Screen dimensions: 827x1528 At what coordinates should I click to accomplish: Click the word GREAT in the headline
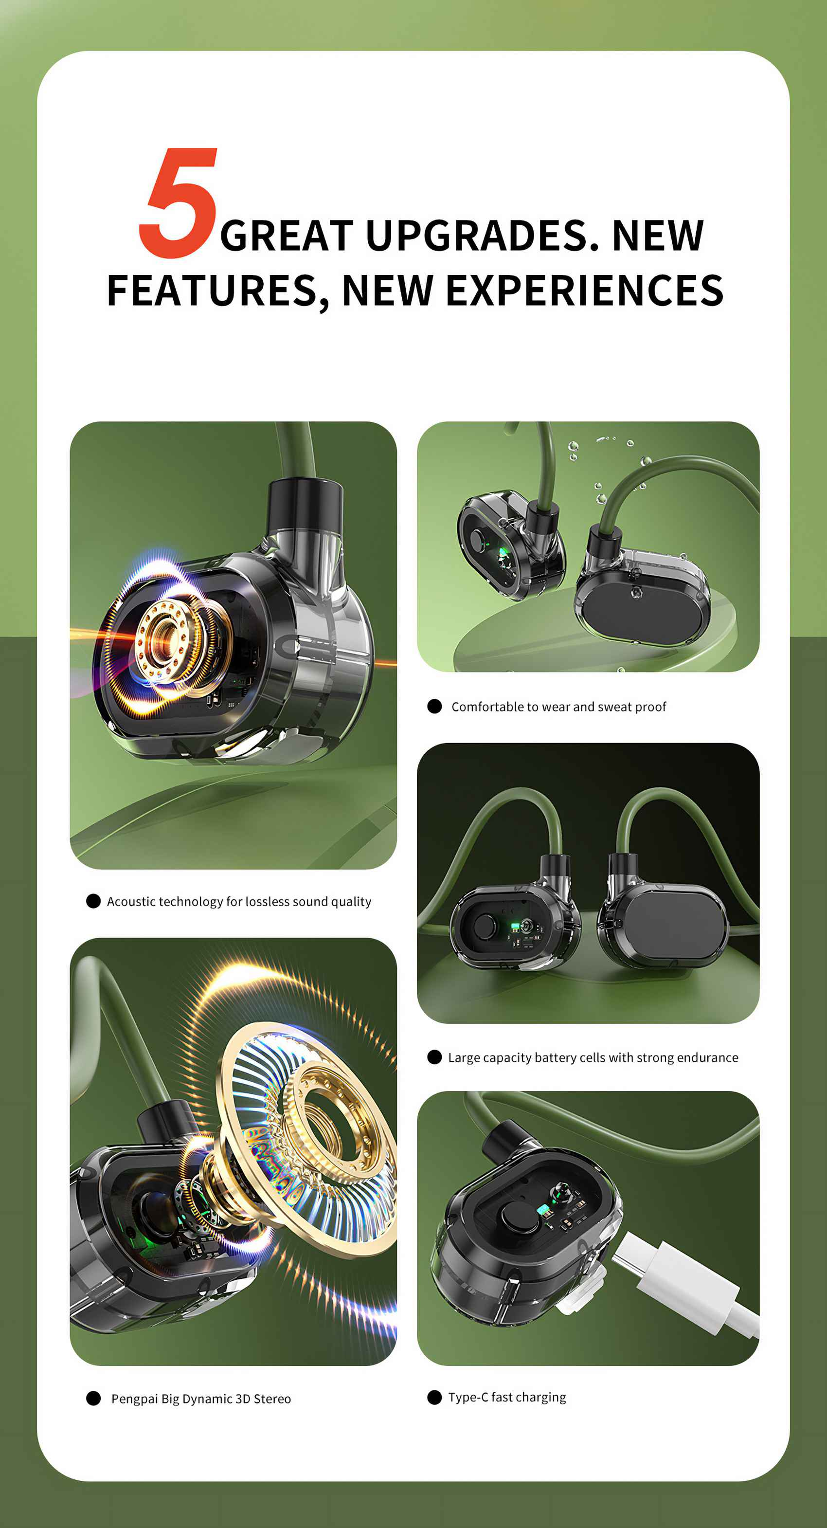[x=287, y=236]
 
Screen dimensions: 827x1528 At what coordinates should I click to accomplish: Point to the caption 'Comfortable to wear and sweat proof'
[x=558, y=707]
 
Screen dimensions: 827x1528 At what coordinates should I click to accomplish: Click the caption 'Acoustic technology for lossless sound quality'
[x=239, y=902]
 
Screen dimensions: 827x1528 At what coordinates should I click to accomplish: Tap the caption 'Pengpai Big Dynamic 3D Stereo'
[x=201, y=1399]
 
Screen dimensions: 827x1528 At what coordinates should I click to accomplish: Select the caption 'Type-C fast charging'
[x=507, y=1398]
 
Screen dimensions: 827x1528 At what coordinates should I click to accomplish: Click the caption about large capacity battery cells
[x=593, y=1057]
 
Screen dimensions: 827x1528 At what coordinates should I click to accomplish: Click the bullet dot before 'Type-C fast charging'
[x=434, y=1398]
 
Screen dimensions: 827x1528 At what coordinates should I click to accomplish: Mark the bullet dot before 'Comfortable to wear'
[x=434, y=707]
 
